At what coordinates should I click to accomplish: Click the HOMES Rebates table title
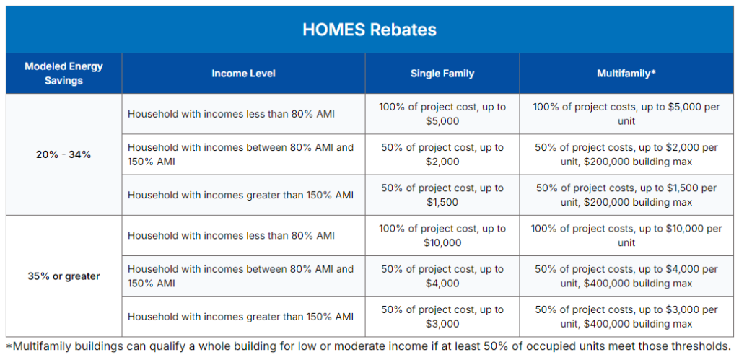369,30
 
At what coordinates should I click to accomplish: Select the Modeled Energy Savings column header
64,74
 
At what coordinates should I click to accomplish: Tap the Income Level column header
243,74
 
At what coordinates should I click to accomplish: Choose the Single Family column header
442,74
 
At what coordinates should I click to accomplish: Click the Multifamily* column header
626,74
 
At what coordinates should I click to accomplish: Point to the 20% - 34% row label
64,154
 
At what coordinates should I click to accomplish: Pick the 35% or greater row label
64,276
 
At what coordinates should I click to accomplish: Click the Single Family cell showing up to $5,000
442,114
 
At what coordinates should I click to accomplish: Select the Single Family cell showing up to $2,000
442,154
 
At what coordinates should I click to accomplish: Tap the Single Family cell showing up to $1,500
442,195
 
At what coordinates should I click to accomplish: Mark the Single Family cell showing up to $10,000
442,236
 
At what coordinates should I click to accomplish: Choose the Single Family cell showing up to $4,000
442,276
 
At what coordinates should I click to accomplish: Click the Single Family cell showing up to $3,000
442,317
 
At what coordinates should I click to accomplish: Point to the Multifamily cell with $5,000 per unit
626,114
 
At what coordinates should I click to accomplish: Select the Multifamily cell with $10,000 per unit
626,236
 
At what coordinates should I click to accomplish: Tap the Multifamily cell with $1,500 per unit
626,195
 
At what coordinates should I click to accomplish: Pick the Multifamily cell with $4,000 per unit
626,276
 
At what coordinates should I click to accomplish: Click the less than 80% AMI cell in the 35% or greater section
231,236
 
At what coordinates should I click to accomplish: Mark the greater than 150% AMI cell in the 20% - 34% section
240,195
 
